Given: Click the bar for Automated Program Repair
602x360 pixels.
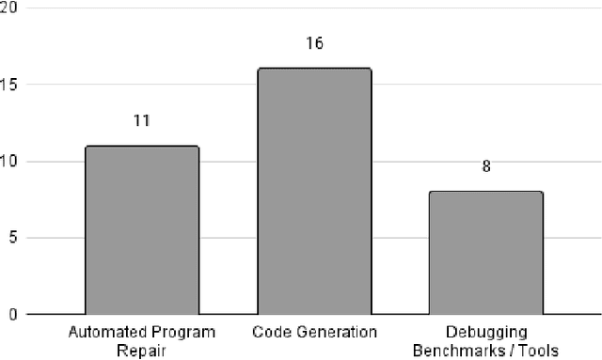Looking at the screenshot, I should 141,230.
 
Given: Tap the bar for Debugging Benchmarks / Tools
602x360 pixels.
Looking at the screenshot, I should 486,253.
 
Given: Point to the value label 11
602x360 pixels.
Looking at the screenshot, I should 141,121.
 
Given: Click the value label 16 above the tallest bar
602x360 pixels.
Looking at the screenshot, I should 314,44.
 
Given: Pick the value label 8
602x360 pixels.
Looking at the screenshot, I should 486,167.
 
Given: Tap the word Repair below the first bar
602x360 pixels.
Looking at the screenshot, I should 141,349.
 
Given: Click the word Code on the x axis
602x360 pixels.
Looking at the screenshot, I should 269,333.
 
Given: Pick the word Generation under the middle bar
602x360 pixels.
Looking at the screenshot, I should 334,333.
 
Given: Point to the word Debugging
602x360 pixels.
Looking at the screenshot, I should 486,333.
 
